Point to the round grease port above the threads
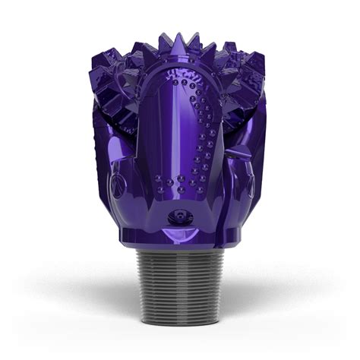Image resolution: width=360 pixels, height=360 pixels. point(180,218)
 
